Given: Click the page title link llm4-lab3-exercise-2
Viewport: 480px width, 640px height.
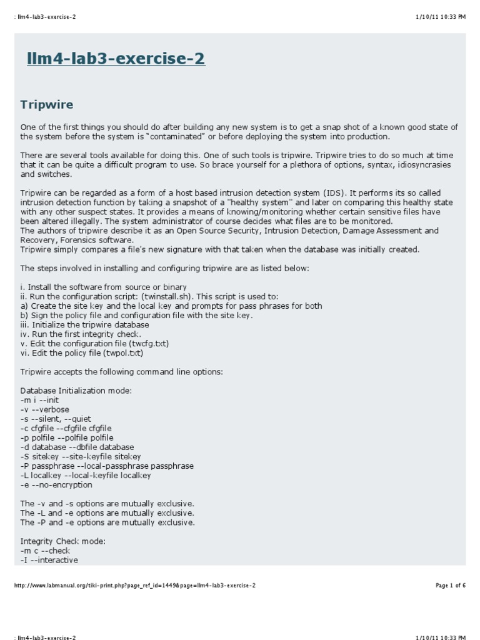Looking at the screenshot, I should pyautogui.click(x=116, y=59).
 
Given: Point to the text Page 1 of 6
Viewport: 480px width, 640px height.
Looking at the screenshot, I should pyautogui.click(x=451, y=586).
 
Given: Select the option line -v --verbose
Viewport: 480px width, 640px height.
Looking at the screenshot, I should pyautogui.click(x=45, y=409).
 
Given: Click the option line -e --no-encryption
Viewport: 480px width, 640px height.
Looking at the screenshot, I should pyautogui.click(x=56, y=485).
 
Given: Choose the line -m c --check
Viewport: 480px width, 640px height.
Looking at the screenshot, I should pyautogui.click(x=45, y=551).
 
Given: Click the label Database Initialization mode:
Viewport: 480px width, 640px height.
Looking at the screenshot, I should pyautogui.click(x=76, y=391).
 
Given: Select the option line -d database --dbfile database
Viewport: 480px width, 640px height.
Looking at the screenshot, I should pyautogui.click(x=77, y=447).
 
